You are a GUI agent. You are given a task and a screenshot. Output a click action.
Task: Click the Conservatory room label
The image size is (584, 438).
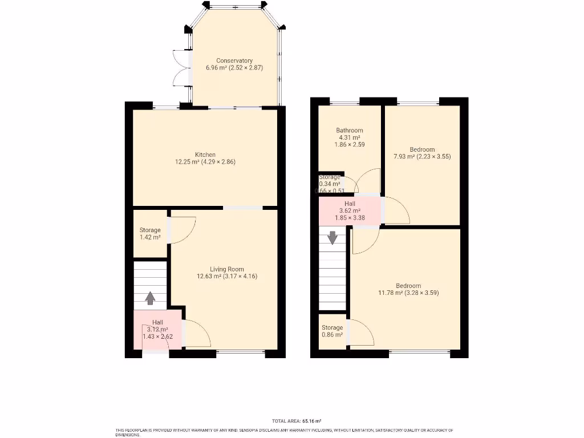tap(234, 60)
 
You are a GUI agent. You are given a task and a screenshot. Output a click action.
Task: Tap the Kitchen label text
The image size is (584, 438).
tap(205, 155)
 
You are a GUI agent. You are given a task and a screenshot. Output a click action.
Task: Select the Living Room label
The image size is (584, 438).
tap(226, 269)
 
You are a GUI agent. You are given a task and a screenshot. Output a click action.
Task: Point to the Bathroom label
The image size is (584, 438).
tap(349, 130)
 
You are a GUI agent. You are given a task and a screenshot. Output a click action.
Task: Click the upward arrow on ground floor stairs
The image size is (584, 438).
tap(150, 298)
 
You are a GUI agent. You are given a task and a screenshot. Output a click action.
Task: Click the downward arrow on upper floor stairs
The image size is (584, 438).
tap(332, 237)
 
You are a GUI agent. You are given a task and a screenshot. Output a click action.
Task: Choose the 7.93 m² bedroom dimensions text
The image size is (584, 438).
tap(422, 156)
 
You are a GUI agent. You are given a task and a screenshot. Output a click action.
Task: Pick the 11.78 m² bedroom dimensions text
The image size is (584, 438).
tap(408, 293)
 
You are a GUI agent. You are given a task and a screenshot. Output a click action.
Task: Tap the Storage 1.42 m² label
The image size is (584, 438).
tap(150, 234)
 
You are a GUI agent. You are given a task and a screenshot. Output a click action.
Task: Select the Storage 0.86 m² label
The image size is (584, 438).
tap(332, 331)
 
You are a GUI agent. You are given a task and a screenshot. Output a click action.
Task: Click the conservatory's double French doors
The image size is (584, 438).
tap(181, 68)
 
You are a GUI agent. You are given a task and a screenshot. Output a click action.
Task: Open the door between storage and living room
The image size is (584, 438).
tap(181, 231)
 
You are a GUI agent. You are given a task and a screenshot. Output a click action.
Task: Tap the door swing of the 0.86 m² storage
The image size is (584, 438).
tap(360, 332)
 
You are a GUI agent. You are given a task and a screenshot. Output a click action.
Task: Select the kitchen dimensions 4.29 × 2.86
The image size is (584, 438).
tap(205, 162)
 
